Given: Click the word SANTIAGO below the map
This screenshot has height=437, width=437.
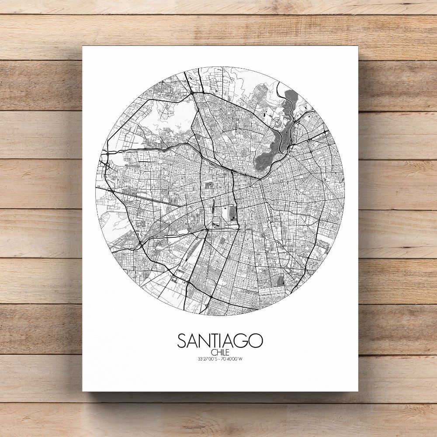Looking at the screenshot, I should point(220,341).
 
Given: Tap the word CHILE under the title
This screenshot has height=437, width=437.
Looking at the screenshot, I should point(220,353).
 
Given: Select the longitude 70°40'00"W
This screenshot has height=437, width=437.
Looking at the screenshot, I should point(232,359).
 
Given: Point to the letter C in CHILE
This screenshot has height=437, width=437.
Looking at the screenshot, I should point(212,353).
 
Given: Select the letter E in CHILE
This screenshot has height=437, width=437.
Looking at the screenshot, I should point(228,353).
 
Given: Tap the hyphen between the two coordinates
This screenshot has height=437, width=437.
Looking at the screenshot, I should point(220,359).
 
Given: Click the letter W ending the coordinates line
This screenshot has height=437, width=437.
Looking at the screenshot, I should point(241,359).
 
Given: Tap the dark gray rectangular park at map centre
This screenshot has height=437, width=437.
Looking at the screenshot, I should point(233,214).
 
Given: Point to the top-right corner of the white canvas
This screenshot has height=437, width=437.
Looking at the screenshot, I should point(357,46).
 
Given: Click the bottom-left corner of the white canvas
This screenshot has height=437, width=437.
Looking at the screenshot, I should point(83,391).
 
